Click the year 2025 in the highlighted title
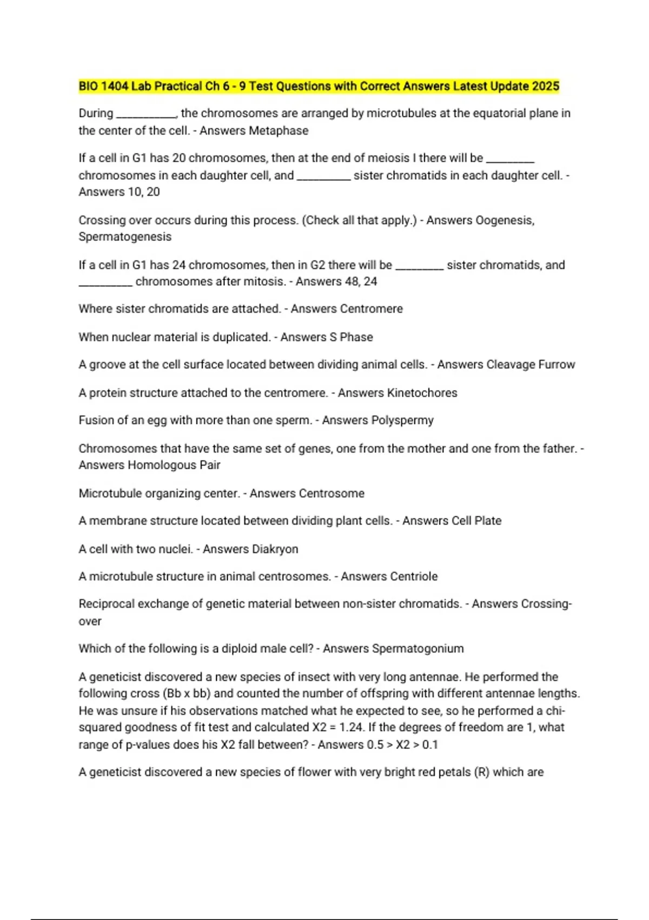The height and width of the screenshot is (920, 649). pyautogui.click(x=545, y=87)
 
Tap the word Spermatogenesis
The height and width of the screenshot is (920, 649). pyautogui.click(x=125, y=237)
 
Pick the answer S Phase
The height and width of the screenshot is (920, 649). pyautogui.click(x=350, y=337)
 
